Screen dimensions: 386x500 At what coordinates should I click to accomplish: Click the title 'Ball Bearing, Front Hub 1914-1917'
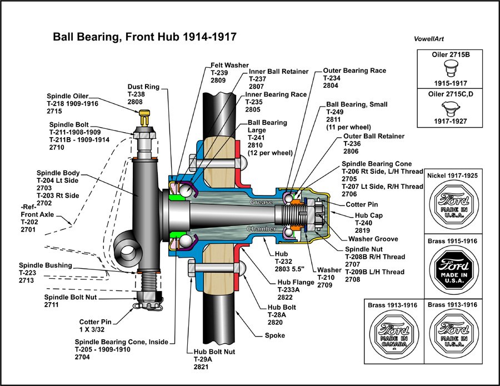(x=144, y=37)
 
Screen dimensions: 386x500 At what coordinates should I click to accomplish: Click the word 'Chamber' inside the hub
(x=261, y=228)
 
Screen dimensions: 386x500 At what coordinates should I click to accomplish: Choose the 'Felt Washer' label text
(x=229, y=66)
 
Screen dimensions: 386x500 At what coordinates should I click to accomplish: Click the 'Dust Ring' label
(x=143, y=87)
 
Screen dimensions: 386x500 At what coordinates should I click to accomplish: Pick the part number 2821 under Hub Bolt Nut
(x=201, y=368)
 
